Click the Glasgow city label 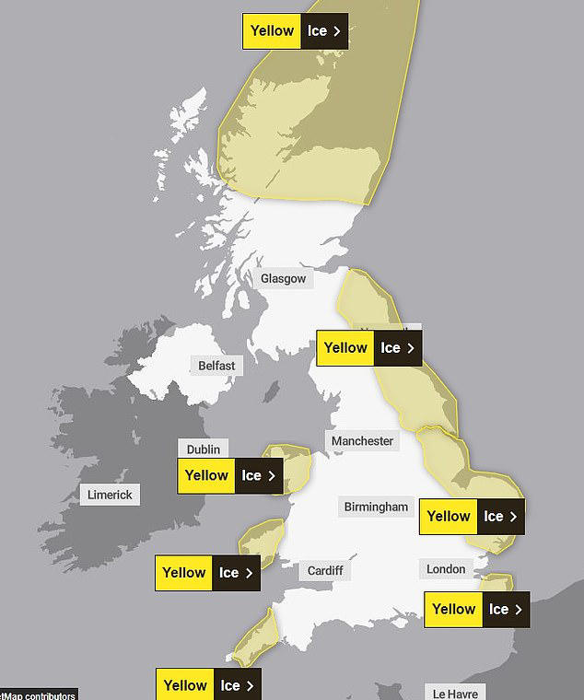[283, 278]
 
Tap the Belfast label [216, 366]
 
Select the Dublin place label [203, 449]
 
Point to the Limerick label [110, 495]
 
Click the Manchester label [362, 441]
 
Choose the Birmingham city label [376, 507]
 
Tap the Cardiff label [325, 571]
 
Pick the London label [446, 569]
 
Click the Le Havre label [456, 693]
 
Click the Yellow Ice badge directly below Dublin [231, 476]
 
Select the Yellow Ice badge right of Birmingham [473, 517]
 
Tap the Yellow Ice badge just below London [477, 610]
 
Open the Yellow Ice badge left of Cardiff [208, 573]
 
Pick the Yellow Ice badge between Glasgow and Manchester [369, 348]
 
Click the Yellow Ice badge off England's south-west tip [208, 685]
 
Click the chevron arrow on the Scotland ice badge [337, 31]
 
